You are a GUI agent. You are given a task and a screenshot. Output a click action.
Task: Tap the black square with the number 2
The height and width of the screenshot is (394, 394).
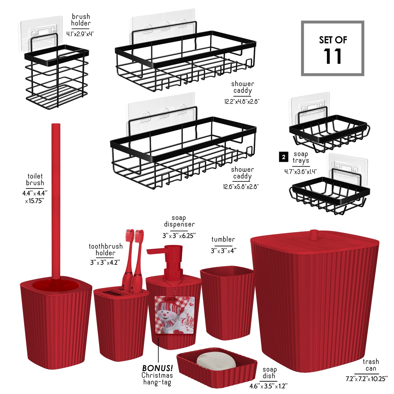point(283,157)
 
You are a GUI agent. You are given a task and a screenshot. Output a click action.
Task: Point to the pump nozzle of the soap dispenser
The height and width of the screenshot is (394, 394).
point(155,251)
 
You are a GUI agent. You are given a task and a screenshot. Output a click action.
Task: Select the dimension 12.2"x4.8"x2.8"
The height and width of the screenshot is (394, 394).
point(242,102)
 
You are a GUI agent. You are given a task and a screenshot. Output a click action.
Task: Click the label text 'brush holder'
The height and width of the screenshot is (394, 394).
point(81,20)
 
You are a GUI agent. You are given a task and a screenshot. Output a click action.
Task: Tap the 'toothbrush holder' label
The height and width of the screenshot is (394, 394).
point(106,250)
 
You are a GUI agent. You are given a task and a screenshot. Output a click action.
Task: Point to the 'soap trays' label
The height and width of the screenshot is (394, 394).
point(300,157)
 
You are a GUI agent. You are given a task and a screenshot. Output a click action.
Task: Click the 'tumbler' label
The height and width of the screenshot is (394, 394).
point(223,239)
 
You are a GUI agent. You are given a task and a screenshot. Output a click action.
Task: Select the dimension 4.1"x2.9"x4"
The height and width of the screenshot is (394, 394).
point(80,34)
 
